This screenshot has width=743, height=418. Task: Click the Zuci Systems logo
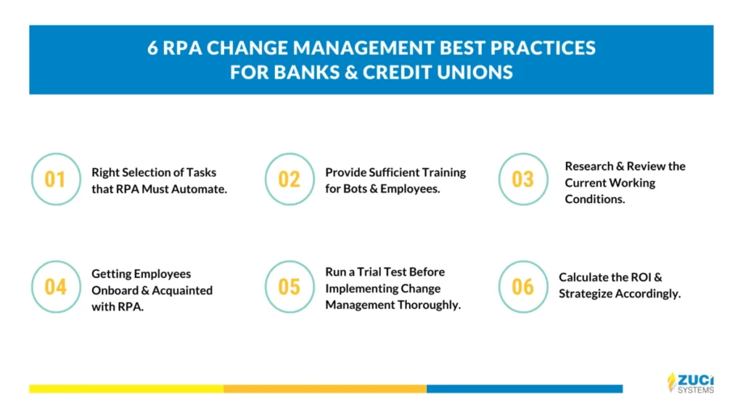(x=691, y=383)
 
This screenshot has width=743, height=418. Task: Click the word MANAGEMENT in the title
(x=364, y=48)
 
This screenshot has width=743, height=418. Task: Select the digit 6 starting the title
(x=152, y=48)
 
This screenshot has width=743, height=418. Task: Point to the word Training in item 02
(x=444, y=173)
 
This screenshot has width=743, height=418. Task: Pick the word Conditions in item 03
(x=595, y=199)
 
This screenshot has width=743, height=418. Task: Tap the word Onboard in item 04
(x=115, y=290)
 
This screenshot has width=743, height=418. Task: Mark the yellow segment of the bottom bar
(x=126, y=389)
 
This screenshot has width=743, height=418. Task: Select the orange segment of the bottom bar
(x=325, y=389)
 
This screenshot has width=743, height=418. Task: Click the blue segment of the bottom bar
(x=525, y=389)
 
